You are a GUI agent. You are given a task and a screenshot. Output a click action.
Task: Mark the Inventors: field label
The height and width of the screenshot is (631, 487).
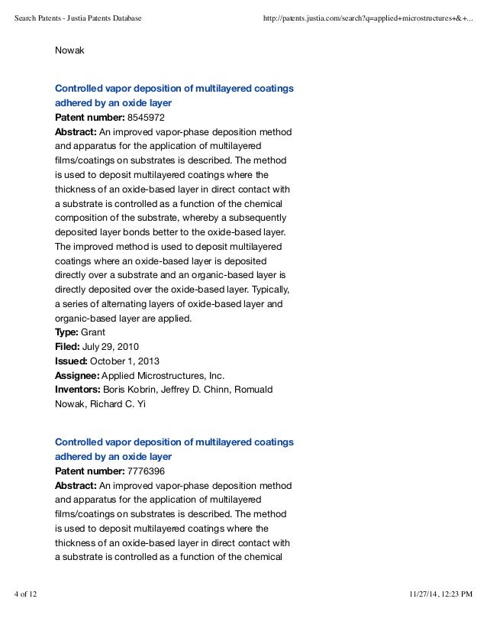(x=78, y=390)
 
